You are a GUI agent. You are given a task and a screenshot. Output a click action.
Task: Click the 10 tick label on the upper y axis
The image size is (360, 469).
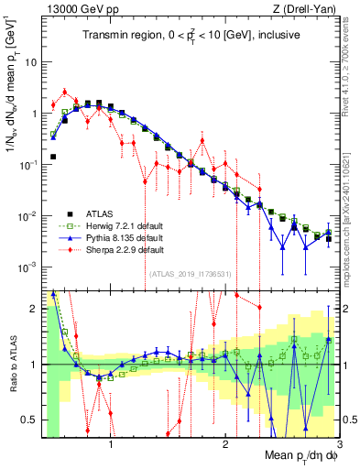(x=31, y=63)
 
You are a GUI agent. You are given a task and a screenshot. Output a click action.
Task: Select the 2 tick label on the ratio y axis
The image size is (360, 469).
(x=35, y=310)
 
